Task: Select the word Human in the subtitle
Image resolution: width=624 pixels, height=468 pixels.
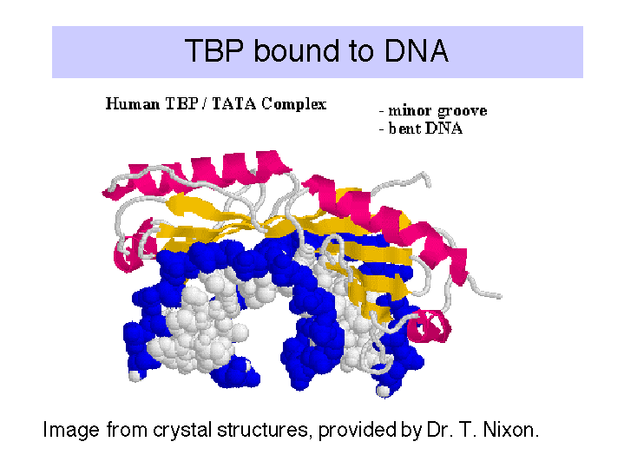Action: click(133, 104)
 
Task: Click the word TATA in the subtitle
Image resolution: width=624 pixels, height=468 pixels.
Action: click(234, 104)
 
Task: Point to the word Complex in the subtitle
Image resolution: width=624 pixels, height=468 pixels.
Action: click(294, 105)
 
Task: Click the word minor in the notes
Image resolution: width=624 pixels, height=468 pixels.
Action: click(411, 110)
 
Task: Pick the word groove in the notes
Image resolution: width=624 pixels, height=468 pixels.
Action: click(463, 111)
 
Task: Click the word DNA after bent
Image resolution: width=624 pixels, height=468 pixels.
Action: click(443, 129)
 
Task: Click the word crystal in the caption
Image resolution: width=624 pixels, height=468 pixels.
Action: click(182, 431)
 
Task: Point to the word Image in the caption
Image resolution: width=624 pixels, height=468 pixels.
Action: click(71, 431)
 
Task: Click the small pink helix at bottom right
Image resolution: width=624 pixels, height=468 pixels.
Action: click(430, 326)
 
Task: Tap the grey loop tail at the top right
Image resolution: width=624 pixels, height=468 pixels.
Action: click(402, 182)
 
